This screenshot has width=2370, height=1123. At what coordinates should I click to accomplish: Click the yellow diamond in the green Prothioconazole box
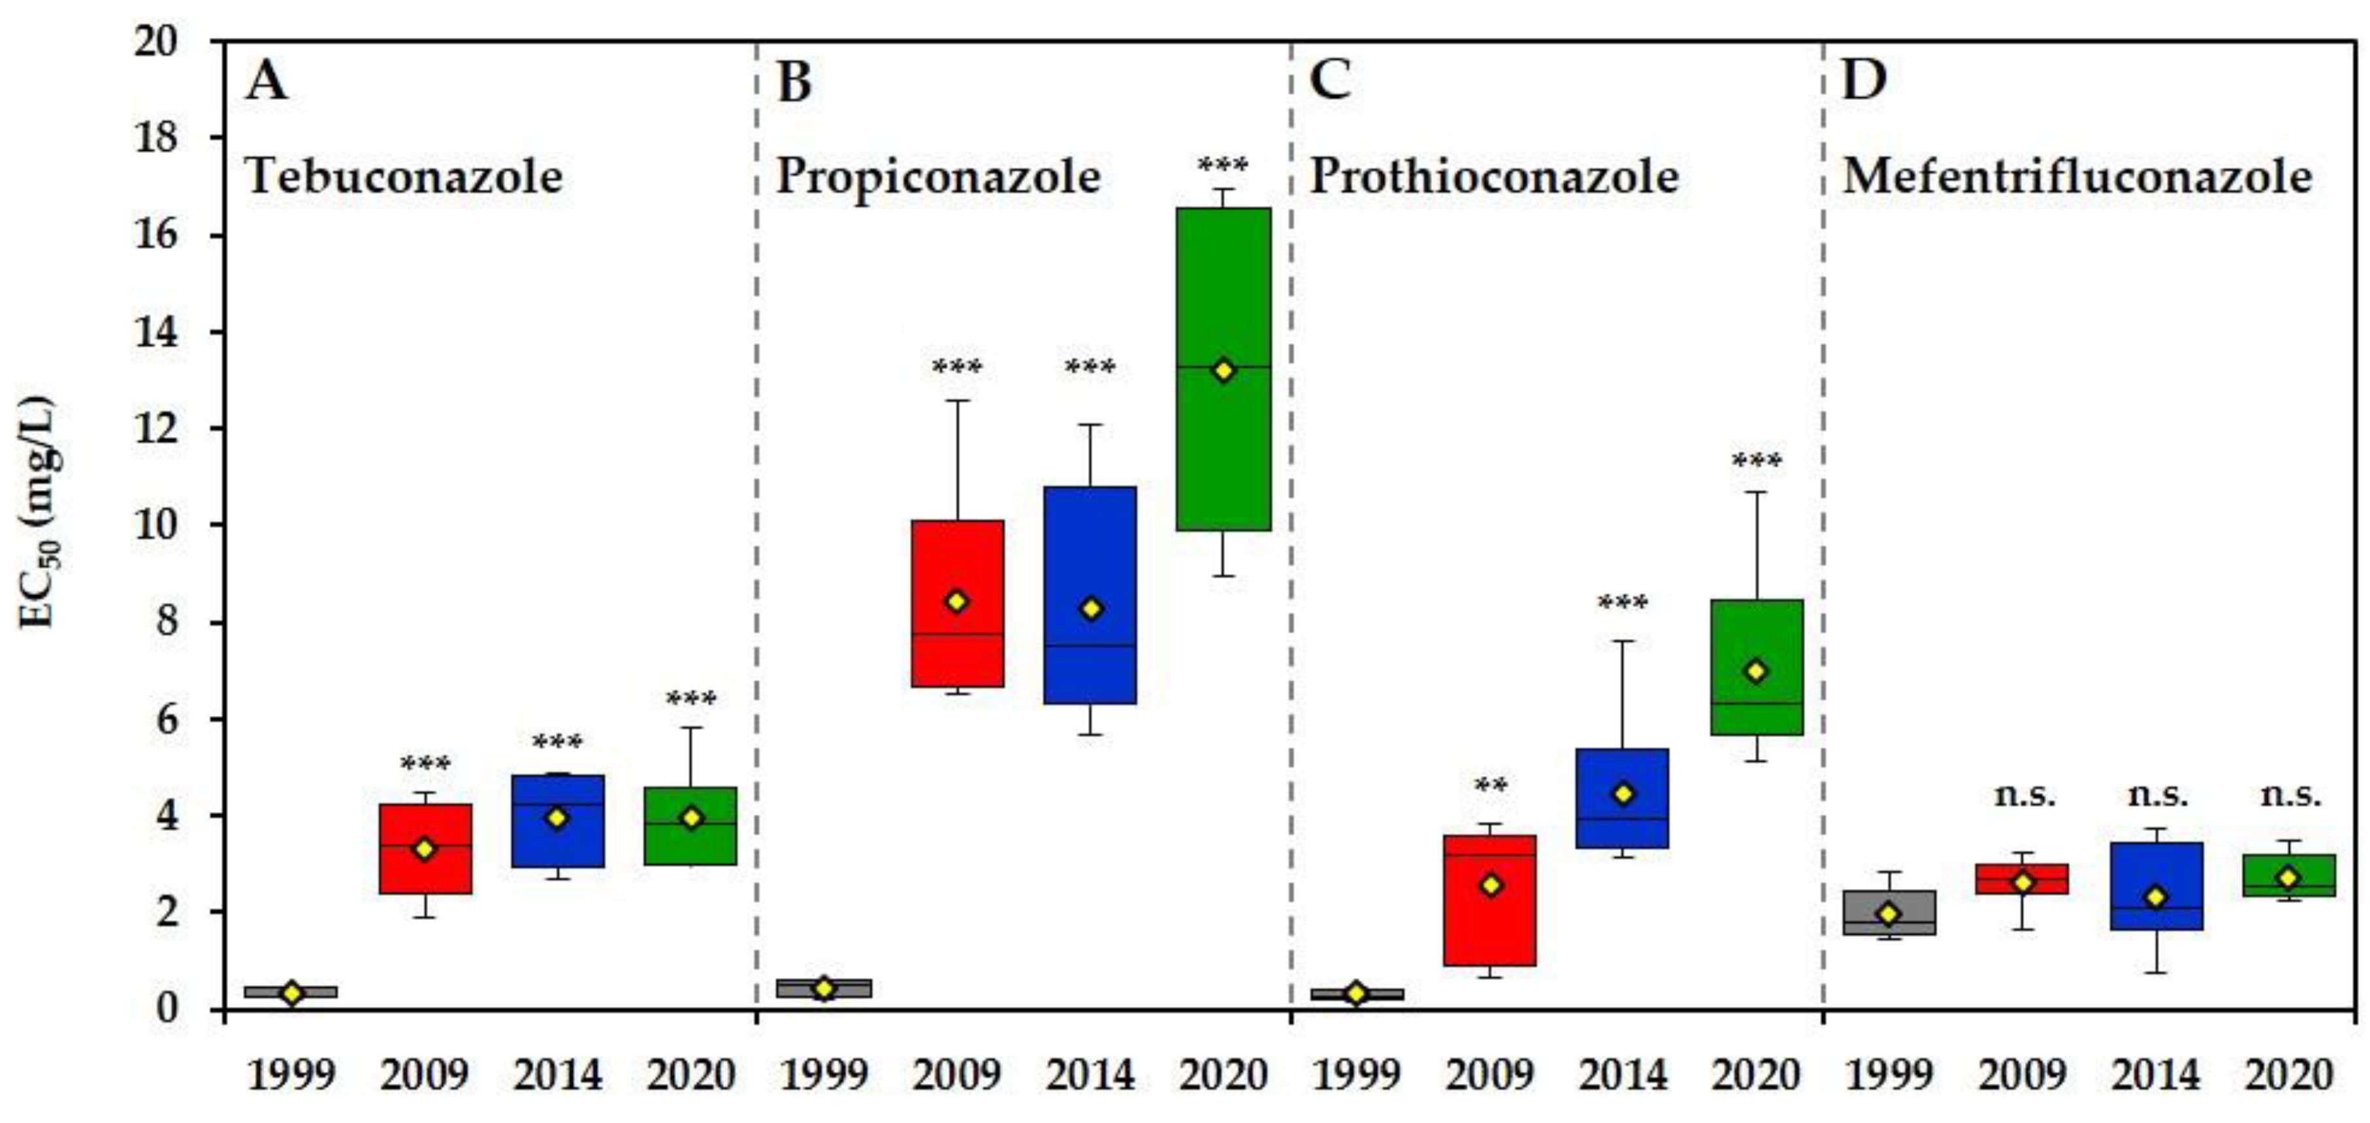(x=1757, y=672)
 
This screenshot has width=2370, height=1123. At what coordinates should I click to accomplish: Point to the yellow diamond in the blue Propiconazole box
(x=1091, y=609)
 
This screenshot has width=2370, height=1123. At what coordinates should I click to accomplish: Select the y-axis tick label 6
(x=169, y=719)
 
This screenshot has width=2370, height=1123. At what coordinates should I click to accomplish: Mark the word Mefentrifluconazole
(x=2077, y=176)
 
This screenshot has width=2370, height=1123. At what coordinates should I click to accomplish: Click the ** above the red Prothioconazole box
(x=1491, y=787)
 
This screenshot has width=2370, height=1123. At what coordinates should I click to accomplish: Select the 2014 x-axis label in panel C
(x=1623, y=1074)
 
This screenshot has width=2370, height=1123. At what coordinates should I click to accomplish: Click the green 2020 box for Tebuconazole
(x=691, y=846)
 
